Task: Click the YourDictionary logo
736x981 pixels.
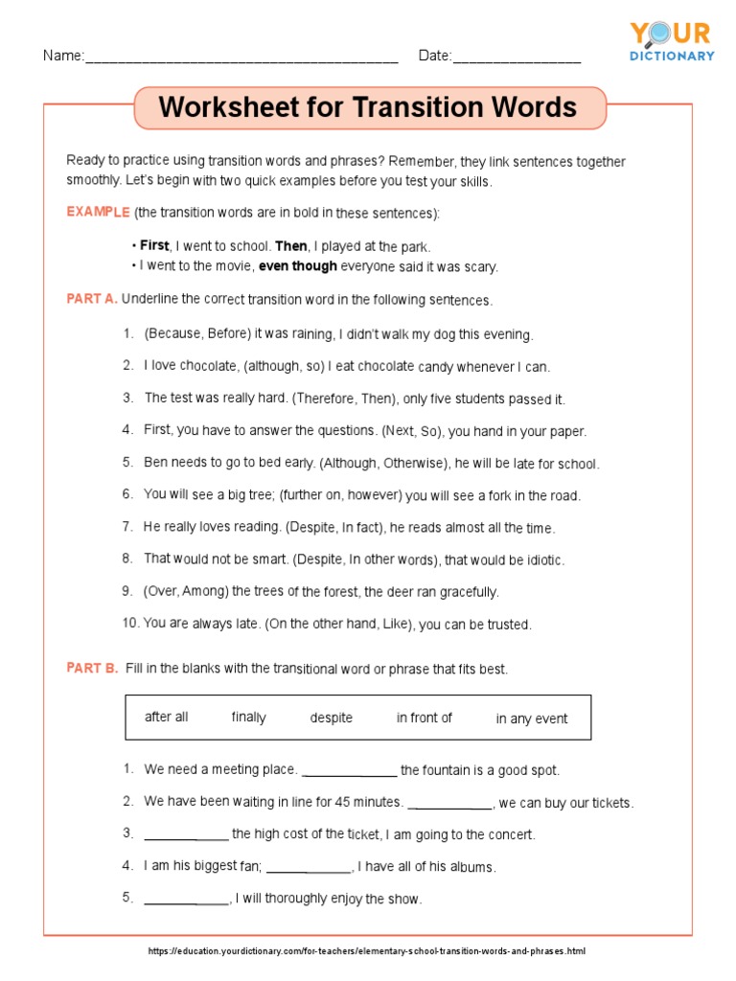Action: click(671, 41)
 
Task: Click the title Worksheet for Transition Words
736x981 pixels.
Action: click(368, 107)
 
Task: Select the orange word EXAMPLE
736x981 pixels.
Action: click(98, 212)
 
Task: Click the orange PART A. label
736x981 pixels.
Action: click(92, 299)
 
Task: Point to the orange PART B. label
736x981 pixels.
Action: click(92, 669)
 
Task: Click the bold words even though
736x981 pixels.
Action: click(298, 266)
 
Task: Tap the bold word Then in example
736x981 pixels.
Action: click(291, 245)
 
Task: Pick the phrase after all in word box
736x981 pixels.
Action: click(166, 718)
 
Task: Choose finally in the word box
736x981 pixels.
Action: click(248, 718)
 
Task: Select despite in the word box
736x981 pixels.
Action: click(331, 718)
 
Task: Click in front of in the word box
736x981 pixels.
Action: click(424, 718)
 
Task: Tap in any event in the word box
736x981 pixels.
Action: click(531, 719)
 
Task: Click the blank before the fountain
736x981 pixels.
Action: click(349, 772)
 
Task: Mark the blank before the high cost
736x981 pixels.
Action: click(186, 836)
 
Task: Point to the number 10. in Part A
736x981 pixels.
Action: click(130, 624)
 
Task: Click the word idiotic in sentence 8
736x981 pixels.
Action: click(540, 559)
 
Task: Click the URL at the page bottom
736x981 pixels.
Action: click(367, 951)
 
